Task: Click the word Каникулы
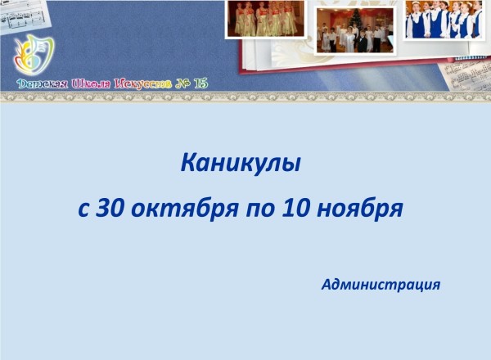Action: coord(241,164)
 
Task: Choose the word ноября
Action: coord(360,210)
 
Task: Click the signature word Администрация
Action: coord(381,285)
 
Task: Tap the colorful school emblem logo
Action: coord(34,55)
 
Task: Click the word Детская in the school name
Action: coord(43,84)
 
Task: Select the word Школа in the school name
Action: coord(91,84)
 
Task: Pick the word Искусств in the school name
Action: coord(142,84)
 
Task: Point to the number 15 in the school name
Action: coord(200,83)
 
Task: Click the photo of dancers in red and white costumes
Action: coord(265,19)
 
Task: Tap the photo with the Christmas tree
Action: coord(355,30)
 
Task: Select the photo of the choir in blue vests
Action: coord(444,20)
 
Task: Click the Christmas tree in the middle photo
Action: coord(356,19)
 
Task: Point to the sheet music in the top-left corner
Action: coord(23,16)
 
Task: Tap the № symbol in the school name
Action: coord(182,84)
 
